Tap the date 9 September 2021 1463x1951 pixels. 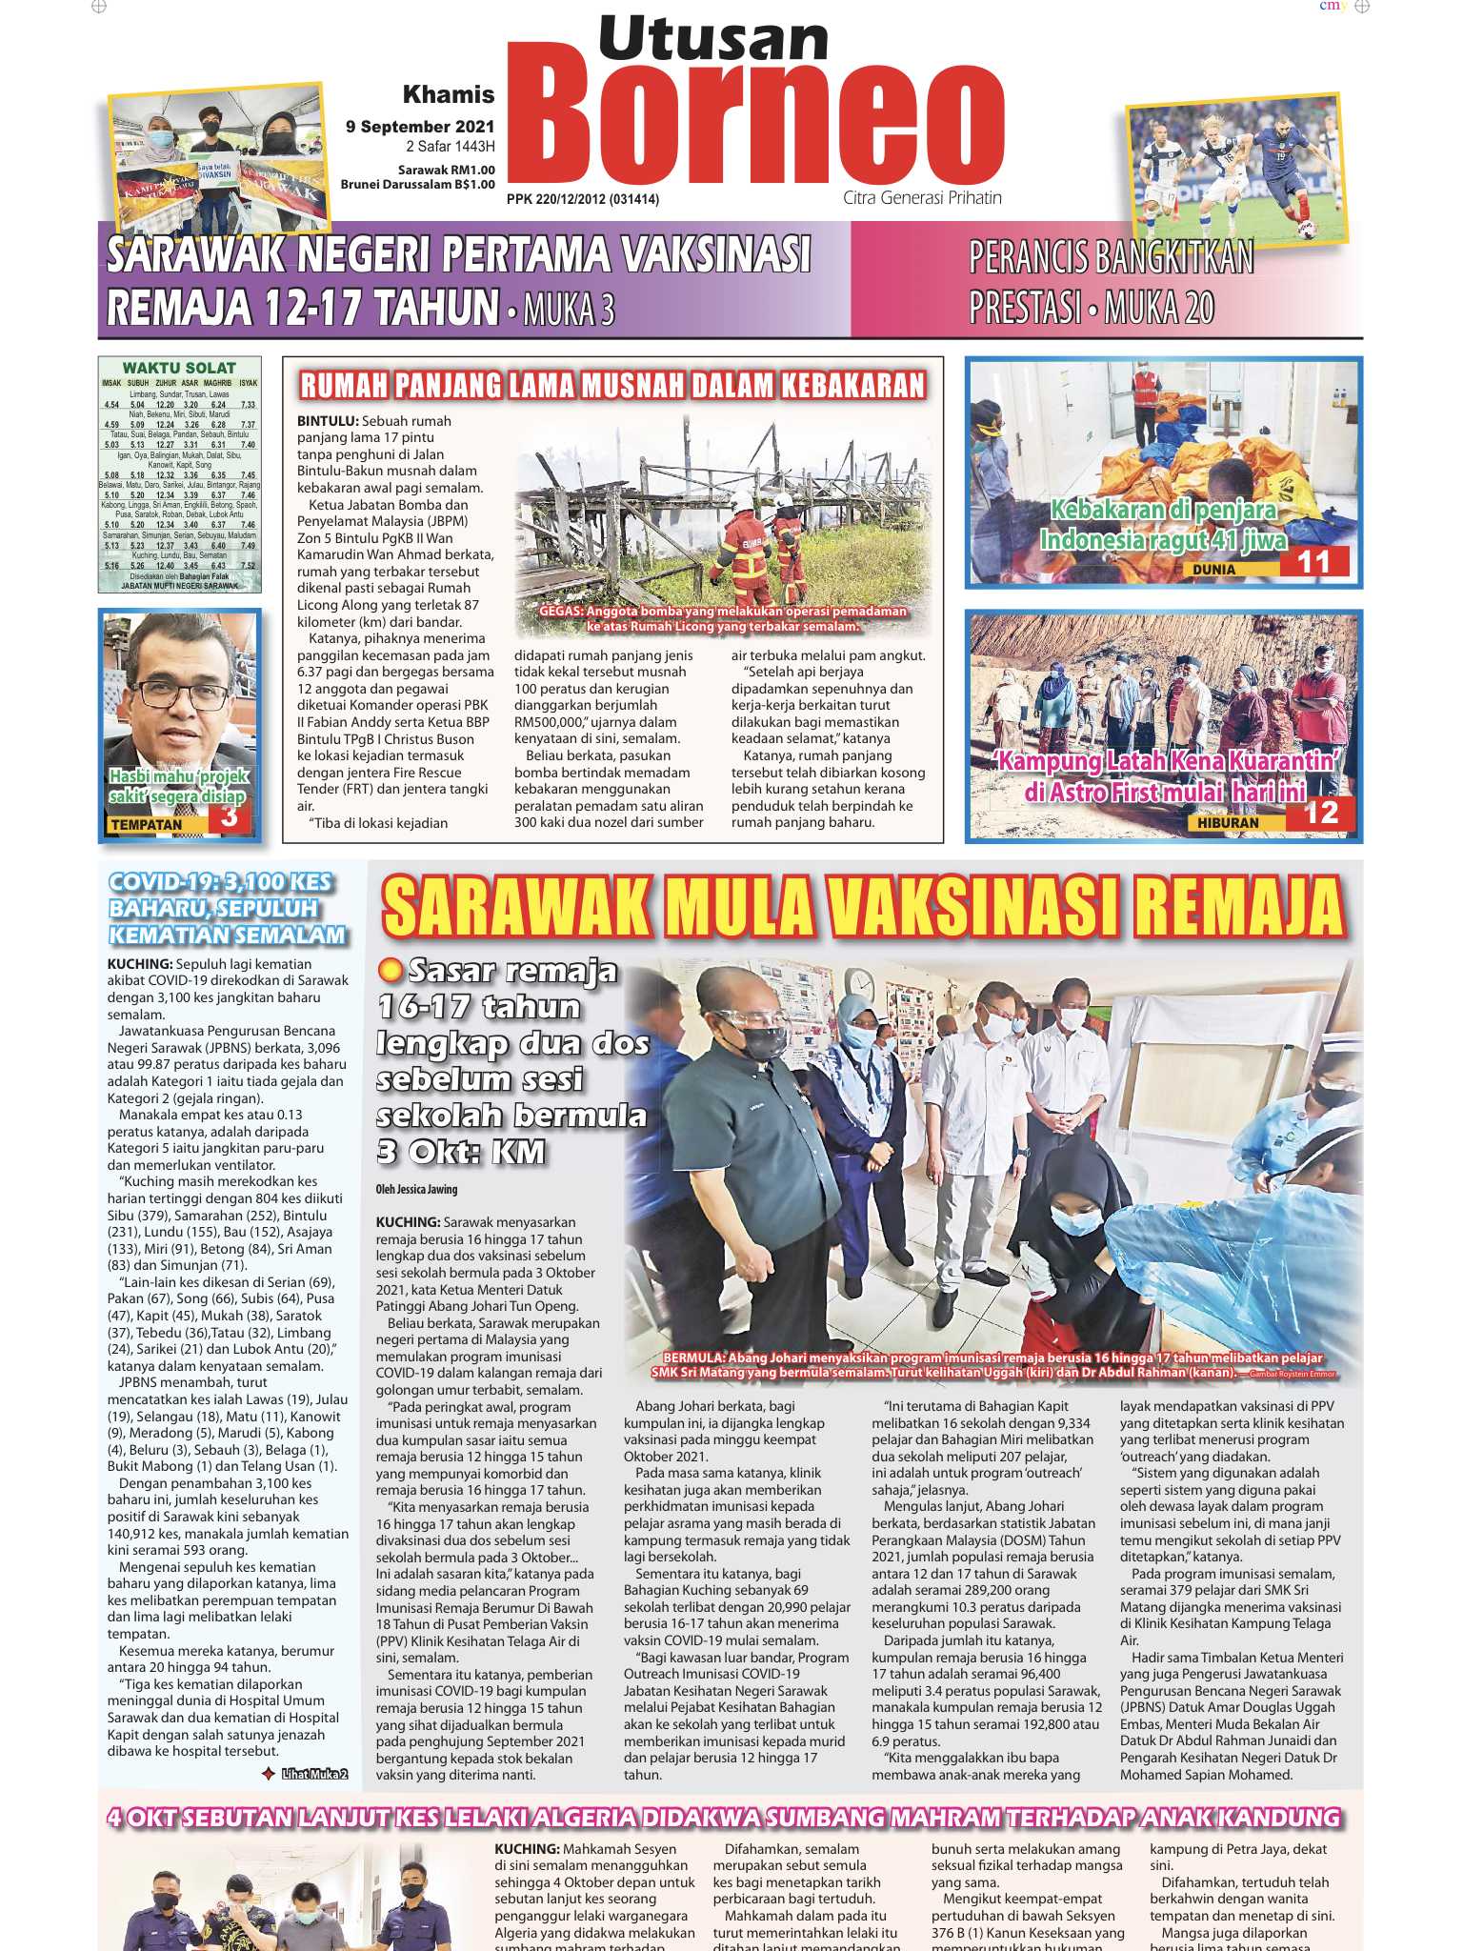tap(420, 127)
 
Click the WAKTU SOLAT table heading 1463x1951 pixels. tap(179, 368)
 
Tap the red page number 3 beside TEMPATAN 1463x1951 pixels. tap(229, 817)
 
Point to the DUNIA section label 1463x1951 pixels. tap(1213, 570)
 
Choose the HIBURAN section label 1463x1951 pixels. tap(1228, 822)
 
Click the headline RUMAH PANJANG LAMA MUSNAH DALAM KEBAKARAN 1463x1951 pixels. tap(612, 385)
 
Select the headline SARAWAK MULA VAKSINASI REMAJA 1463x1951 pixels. tap(863, 907)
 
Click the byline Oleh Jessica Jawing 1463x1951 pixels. tap(416, 1189)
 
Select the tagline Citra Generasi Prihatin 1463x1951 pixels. tap(922, 198)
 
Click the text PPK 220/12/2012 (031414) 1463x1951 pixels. tap(582, 199)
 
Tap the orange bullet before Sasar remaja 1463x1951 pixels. tap(389, 971)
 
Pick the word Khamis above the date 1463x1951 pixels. tap(449, 94)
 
